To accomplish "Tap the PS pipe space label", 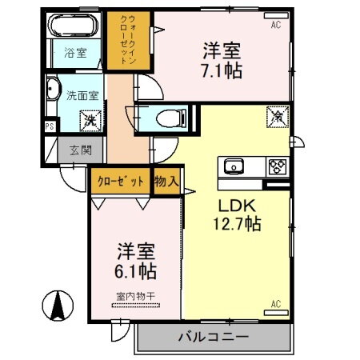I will point(50,126).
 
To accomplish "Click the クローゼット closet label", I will point(121,181).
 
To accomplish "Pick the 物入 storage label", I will point(166,182).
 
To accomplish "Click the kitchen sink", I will point(234,166).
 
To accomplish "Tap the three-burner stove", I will point(276,166).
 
